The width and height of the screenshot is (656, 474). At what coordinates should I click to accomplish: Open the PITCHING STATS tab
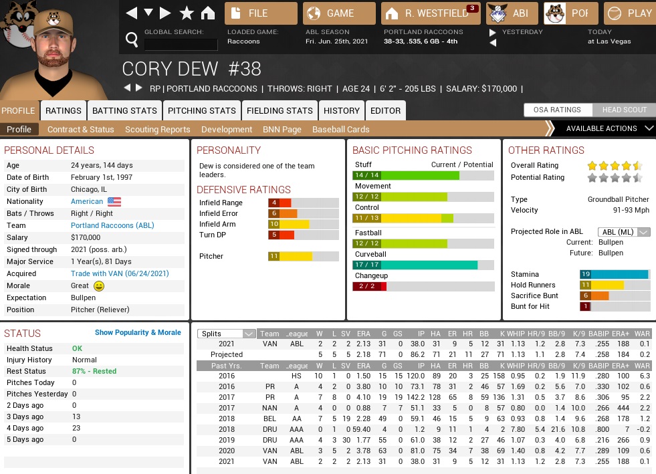pos(201,111)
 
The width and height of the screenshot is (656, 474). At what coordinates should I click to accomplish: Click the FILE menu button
pos(261,13)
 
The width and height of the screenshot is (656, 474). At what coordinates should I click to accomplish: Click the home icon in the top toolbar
pos(208,13)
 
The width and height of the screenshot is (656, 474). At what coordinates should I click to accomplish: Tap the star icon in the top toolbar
pos(187,13)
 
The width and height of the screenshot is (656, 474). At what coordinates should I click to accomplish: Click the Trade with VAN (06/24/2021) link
pos(120,273)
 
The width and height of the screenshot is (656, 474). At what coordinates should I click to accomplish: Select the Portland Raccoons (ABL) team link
pos(112,225)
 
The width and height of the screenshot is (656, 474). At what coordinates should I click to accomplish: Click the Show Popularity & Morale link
pos(138,332)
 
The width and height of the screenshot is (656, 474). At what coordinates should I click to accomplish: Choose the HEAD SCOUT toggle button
pos(624,110)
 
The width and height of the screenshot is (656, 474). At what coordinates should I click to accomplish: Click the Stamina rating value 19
pos(586,274)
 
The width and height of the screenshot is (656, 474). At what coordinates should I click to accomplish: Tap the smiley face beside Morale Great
pos(99,286)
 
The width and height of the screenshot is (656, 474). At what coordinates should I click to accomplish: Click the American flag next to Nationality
pos(114,201)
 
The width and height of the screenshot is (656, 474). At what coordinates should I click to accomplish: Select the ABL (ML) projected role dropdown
pos(623,232)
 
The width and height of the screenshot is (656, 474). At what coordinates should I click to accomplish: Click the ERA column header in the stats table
pos(363,334)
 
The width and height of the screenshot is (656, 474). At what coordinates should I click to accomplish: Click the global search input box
pos(181,45)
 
